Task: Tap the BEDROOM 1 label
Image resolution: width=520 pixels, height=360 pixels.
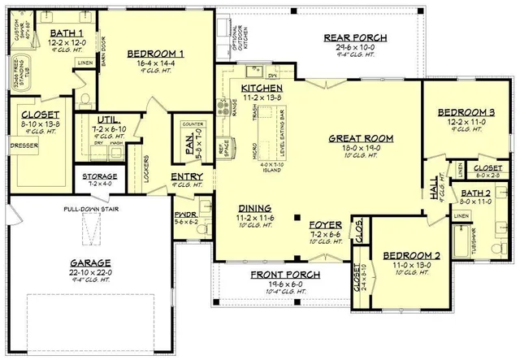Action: click(x=155, y=54)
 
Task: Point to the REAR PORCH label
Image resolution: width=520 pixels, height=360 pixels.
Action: click(x=355, y=37)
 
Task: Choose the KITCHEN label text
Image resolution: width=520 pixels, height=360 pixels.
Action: click(x=261, y=87)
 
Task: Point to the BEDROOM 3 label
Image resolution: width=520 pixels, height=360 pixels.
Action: click(x=466, y=112)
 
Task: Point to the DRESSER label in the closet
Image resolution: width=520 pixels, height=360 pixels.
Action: click(x=24, y=146)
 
